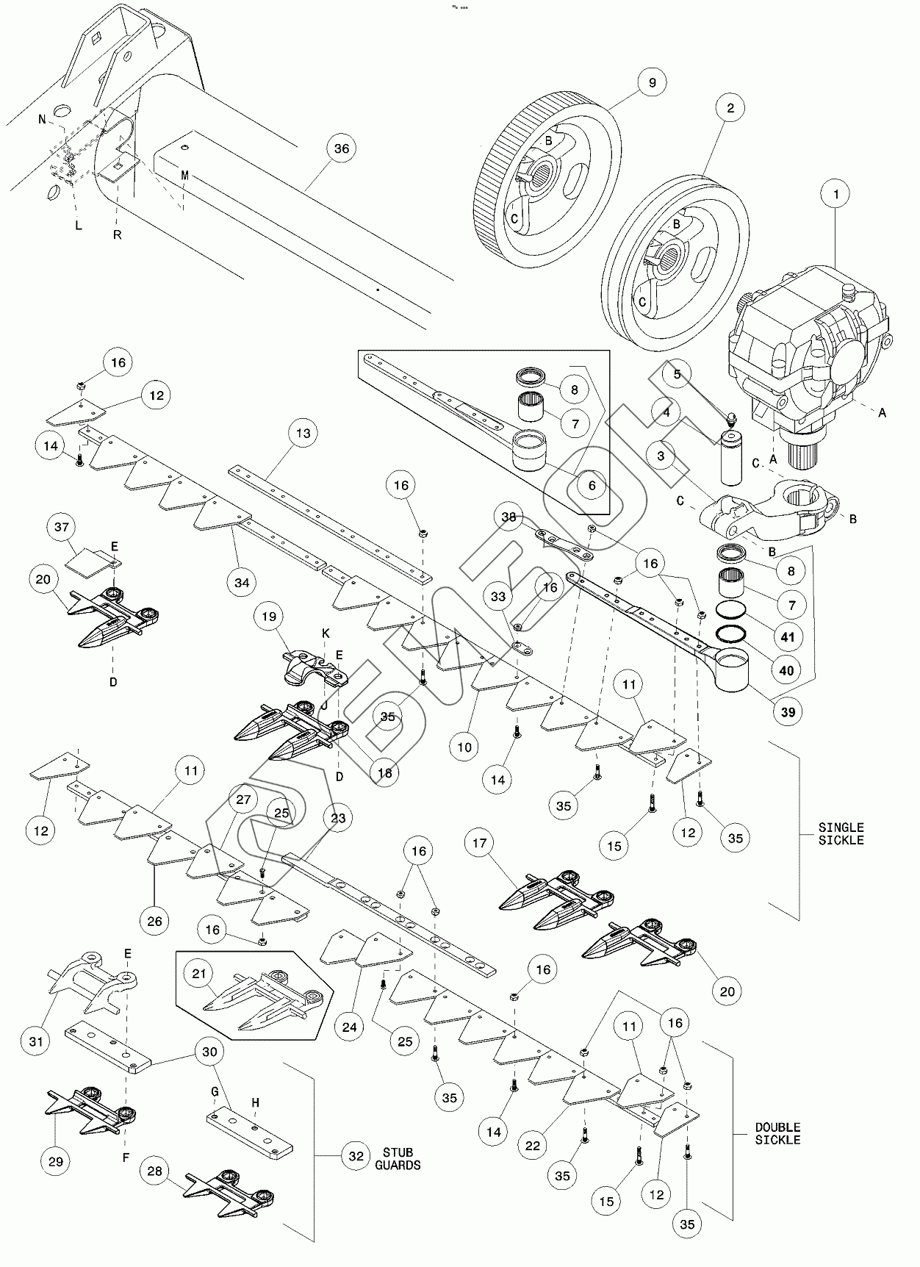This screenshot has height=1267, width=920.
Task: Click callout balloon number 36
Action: pos(341,148)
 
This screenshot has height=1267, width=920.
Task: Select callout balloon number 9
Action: pos(652,83)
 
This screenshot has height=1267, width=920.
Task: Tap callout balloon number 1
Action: pos(835,195)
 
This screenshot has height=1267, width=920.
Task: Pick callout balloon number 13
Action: pos(303,434)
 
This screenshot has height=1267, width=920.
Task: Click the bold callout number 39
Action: pos(788,712)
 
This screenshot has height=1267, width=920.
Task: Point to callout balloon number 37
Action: pos(62,527)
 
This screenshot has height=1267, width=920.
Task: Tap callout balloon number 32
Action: pos(356,1156)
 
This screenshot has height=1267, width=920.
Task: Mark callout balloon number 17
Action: pos(479,843)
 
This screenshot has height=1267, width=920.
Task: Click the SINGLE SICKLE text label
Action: pos(841,833)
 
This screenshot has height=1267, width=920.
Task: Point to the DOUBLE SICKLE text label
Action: pos(777,1133)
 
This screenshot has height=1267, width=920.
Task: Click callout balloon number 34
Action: pos(242,583)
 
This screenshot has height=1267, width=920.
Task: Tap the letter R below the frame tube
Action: pos(117,235)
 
